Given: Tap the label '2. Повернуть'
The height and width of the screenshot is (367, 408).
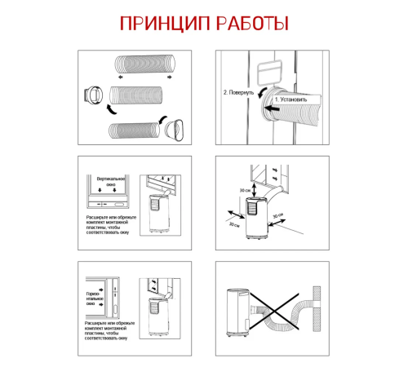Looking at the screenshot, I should click(240, 92).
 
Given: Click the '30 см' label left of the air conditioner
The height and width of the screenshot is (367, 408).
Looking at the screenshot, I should click(234, 223).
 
